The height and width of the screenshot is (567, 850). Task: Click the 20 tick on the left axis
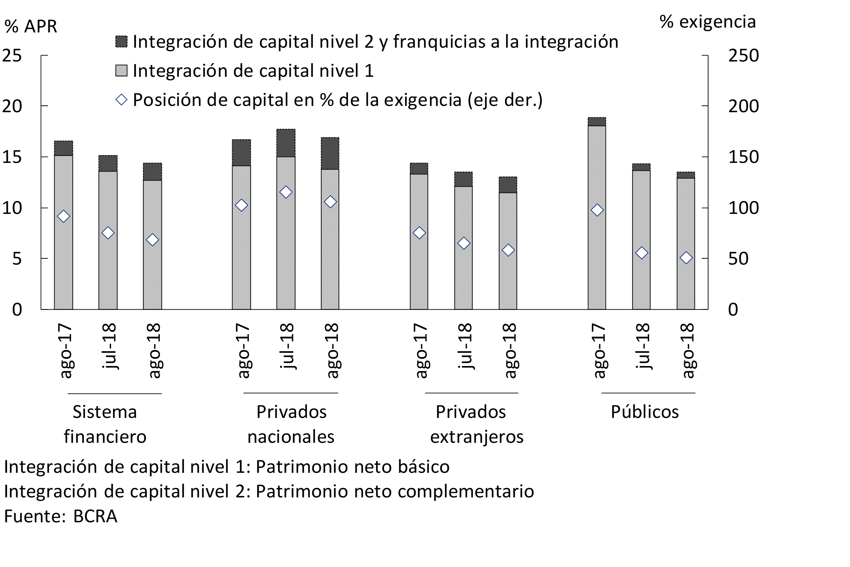(12, 106)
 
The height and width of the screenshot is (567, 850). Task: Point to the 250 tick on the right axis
(743, 56)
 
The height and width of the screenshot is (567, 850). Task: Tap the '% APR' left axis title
(31, 26)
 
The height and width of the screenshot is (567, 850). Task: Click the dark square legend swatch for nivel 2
(121, 42)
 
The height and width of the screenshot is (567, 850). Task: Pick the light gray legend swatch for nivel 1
(121, 70)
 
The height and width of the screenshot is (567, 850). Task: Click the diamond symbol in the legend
(121, 100)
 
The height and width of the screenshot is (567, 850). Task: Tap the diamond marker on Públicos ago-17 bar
(597, 210)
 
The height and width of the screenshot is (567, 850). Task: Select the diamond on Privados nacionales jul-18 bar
(285, 192)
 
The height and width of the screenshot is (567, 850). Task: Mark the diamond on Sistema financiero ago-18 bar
(152, 240)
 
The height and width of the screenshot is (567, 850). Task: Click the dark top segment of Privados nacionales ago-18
(330, 153)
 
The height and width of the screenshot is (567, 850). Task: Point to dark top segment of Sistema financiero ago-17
(63, 148)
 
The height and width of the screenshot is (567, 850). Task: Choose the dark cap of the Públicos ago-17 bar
(597, 121)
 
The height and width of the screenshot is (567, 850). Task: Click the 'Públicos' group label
(644, 412)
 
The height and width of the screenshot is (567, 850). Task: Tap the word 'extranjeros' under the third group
(476, 437)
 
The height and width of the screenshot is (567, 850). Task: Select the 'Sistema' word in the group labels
(105, 412)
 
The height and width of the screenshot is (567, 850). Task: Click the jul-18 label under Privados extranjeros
(464, 346)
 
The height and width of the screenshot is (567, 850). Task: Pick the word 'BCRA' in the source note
(95, 516)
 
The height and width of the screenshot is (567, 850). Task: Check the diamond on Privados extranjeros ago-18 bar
(508, 250)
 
